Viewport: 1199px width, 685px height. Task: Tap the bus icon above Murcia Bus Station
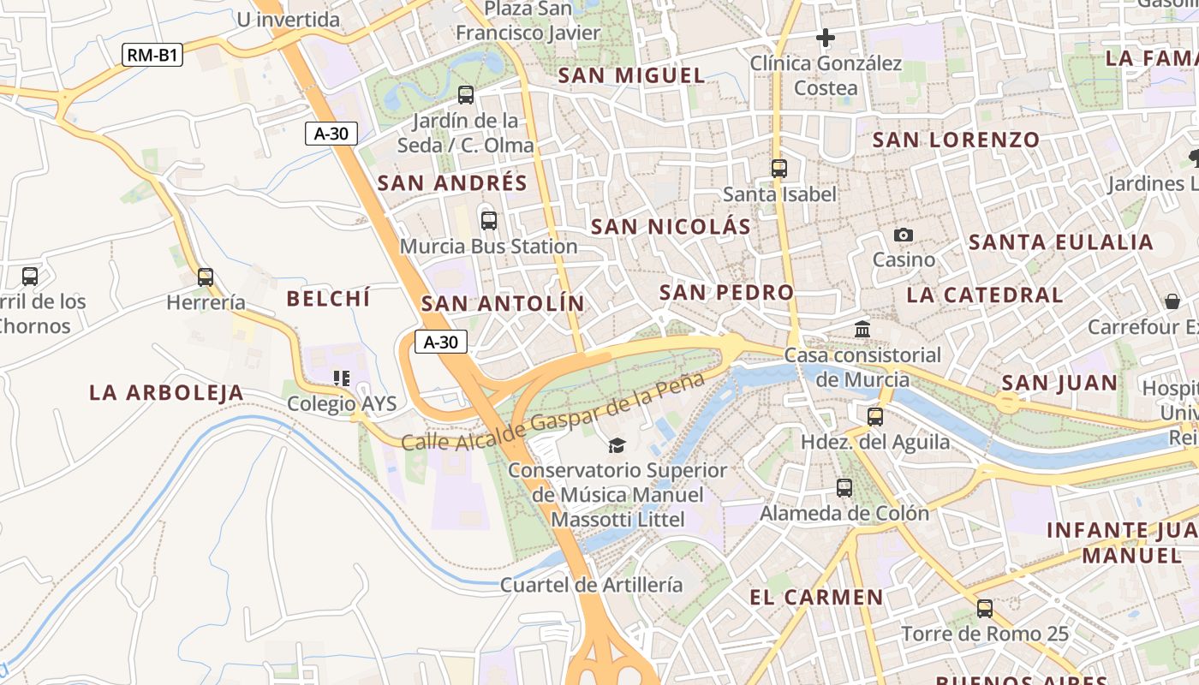pos(489,221)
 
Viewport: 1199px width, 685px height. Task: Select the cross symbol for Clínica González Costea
pos(826,38)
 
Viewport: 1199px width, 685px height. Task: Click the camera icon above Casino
pos(904,235)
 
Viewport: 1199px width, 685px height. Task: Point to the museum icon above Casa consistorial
pos(862,329)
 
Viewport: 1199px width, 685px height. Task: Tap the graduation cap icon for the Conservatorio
pos(617,445)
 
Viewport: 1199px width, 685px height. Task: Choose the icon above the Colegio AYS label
pos(342,378)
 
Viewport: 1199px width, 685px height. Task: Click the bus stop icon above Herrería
pos(206,277)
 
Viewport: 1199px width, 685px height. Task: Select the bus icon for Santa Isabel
pos(779,169)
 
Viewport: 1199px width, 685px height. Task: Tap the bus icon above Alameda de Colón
pos(844,488)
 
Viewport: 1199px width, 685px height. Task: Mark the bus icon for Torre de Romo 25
pos(985,609)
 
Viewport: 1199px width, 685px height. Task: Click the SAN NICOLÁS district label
pos(671,227)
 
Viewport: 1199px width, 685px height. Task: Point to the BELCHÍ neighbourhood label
pos(328,299)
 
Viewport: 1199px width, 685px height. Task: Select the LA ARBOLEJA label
pos(166,393)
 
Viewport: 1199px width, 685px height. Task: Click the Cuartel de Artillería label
pos(591,585)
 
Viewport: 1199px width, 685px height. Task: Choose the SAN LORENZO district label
pos(956,140)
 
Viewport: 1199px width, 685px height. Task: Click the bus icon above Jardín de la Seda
pos(466,95)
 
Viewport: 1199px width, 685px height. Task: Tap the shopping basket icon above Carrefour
pos(1172,301)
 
